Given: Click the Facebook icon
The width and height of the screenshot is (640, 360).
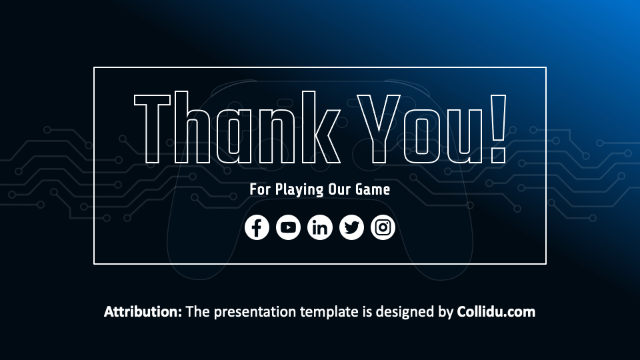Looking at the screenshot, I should tap(257, 227).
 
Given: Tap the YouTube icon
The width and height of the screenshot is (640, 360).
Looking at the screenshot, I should tap(288, 227).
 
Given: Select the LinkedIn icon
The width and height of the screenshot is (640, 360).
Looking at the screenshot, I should tap(320, 227).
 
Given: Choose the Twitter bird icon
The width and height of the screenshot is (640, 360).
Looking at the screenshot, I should tap(351, 227).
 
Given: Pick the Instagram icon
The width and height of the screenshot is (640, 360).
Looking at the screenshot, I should tap(383, 227).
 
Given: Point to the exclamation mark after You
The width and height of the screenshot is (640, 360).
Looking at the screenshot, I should tap(497, 129).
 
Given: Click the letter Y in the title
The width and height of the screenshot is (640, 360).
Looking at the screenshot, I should tap(377, 129).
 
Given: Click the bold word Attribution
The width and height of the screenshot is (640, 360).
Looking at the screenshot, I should tap(143, 311).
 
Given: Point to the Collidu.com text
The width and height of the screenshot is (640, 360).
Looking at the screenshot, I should tap(496, 311).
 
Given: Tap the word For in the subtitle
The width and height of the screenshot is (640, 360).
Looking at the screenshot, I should tap(260, 189).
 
